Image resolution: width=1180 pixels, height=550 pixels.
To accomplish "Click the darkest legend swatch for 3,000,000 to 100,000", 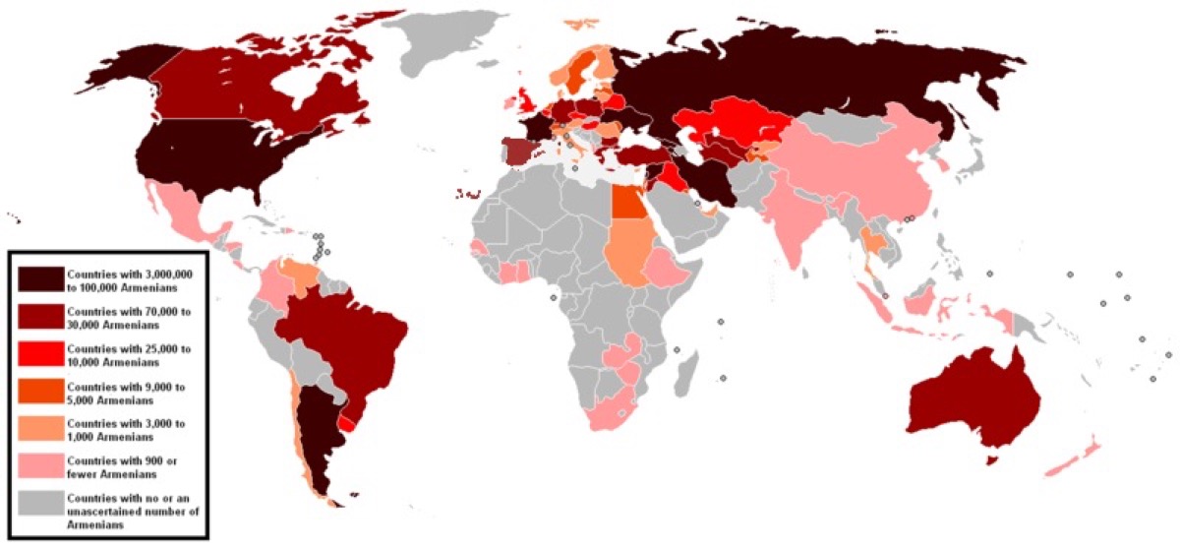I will click(x=40, y=279).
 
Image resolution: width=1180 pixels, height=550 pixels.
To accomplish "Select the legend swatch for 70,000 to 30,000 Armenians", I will click(x=40, y=318).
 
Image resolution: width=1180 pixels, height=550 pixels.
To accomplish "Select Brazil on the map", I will click(x=354, y=344).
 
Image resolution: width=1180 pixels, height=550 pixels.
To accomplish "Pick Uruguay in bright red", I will click(x=346, y=421).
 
